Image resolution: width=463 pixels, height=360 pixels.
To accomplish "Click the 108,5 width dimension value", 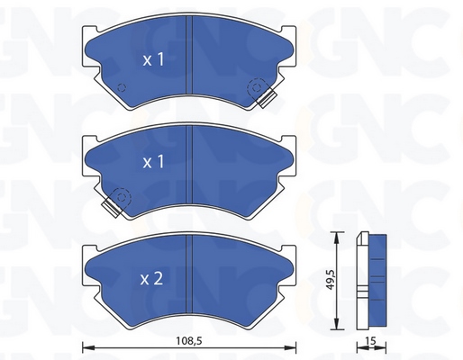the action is [189, 340].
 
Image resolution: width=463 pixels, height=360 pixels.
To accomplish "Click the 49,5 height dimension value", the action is [331, 280].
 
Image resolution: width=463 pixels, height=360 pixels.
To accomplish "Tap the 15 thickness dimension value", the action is [371, 340].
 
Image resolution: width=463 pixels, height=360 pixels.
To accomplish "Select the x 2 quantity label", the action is [151, 279].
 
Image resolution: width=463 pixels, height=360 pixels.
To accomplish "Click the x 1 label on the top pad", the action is [153, 59].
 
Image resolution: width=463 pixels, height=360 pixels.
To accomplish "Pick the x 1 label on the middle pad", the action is [153, 161].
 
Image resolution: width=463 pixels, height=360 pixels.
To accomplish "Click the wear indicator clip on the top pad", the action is [267, 98].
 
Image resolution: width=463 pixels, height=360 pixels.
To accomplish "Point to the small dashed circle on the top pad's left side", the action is [122, 87].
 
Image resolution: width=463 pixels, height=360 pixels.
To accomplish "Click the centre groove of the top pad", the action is [189, 55].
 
